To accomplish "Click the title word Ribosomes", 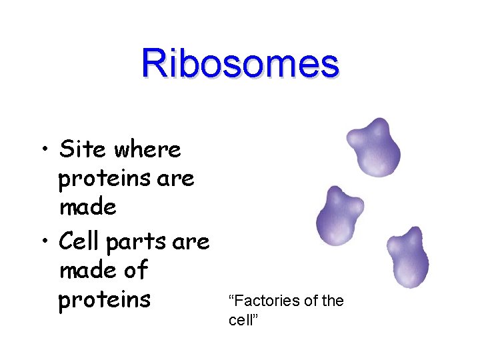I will click(240, 64).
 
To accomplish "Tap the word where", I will click(147, 149).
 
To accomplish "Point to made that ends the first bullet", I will click(88, 208).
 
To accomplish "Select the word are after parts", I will click(191, 241).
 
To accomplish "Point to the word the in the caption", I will click(332, 301).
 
